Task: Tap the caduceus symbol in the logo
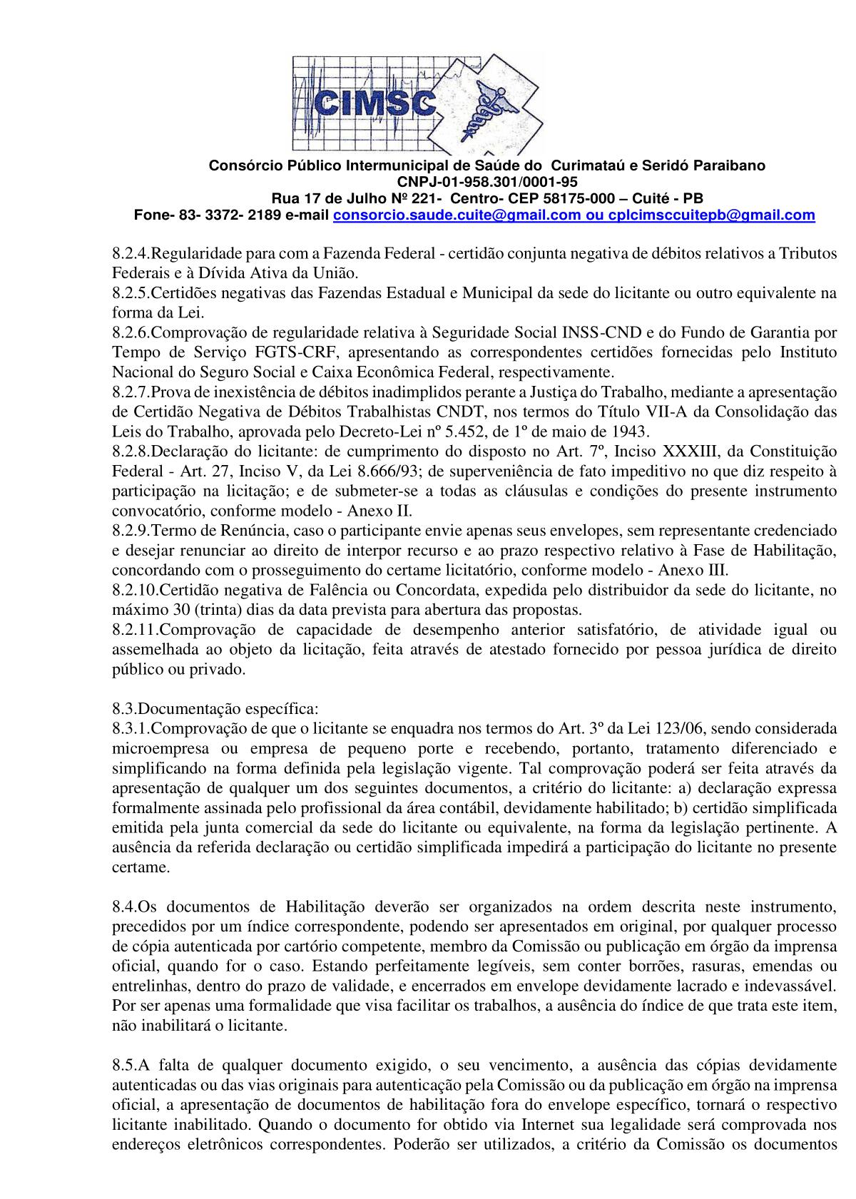point(474,107)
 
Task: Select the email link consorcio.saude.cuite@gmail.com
point(457,215)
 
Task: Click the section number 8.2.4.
point(131,253)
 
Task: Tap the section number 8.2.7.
point(131,392)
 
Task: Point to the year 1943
point(631,432)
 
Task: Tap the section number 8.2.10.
point(135,591)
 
